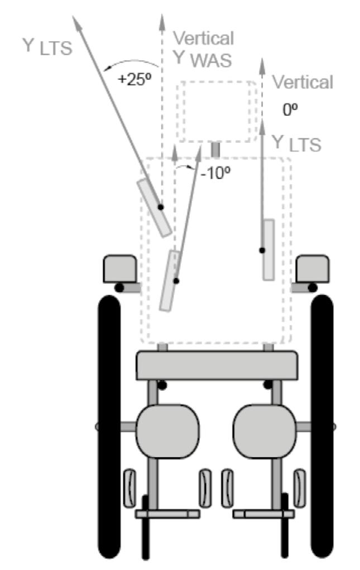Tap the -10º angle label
click(x=215, y=173)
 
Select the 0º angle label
click(x=290, y=109)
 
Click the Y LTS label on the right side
click(x=296, y=143)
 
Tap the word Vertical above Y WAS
click(x=203, y=38)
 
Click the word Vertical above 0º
click(x=303, y=82)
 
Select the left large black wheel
click(x=109, y=424)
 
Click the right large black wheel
click(x=322, y=424)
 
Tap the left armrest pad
click(x=119, y=269)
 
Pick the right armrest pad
click(x=312, y=269)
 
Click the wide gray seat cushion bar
click(x=216, y=366)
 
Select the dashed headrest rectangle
click(x=217, y=112)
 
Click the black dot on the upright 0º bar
click(x=261, y=250)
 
